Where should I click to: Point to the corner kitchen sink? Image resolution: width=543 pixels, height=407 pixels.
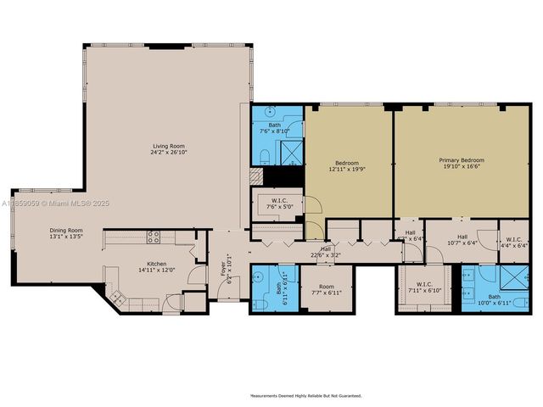116,297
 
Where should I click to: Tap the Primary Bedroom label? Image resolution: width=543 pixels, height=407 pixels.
462,159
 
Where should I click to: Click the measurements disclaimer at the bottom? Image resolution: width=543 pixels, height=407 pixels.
305,395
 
